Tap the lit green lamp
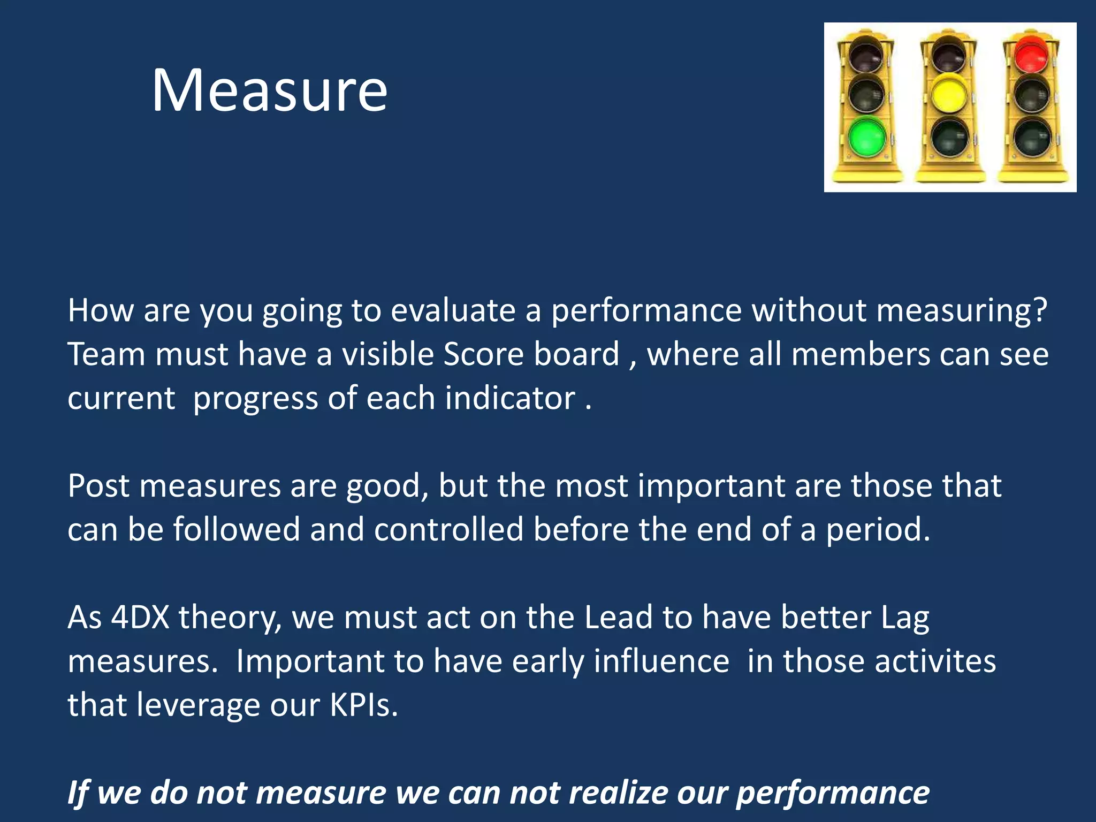[866, 137]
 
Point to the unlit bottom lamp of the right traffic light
[1031, 137]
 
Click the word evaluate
[453, 310]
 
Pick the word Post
[98, 486]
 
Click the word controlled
[448, 530]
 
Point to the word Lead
[618, 617]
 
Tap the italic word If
[78, 793]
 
